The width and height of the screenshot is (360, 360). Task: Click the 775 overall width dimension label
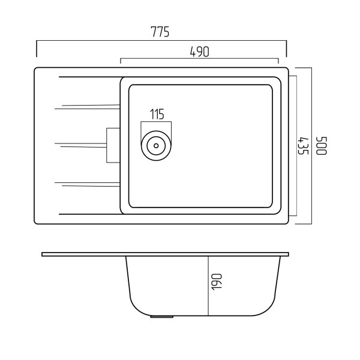[160, 32]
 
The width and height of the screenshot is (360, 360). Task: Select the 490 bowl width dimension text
[200, 52]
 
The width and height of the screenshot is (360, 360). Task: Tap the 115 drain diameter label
[157, 115]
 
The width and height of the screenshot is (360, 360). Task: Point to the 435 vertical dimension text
[303, 146]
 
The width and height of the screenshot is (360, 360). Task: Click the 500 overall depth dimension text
[321, 146]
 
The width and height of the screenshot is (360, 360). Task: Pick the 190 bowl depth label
[217, 282]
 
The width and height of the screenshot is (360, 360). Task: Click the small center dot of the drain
[156, 146]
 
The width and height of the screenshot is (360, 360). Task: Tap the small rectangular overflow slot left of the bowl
[113, 145]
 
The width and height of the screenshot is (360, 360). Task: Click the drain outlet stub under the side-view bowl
[161, 317]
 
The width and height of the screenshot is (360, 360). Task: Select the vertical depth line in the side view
[208, 286]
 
